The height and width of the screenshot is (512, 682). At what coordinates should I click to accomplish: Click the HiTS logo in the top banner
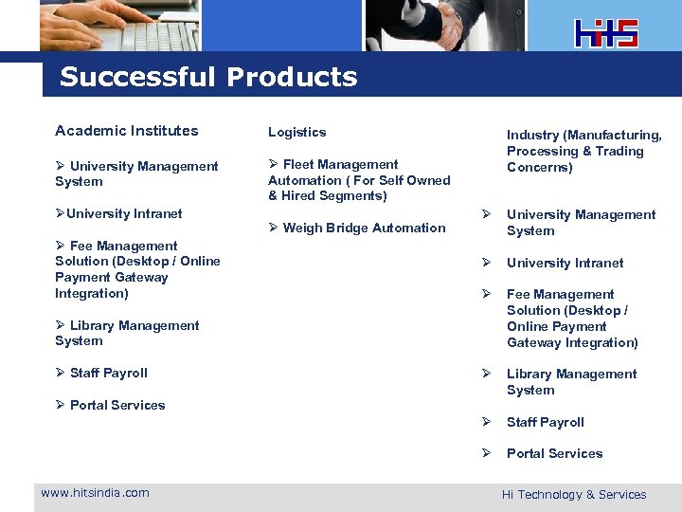click(x=606, y=33)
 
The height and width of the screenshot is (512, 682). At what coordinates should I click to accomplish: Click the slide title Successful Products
click(x=208, y=77)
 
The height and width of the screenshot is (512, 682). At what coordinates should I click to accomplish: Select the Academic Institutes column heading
click(x=127, y=131)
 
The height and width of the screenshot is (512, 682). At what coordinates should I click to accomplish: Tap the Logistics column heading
click(x=296, y=132)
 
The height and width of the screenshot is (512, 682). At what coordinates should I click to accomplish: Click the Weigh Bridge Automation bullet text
click(x=364, y=228)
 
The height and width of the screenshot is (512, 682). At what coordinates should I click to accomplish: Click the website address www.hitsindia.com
click(x=95, y=492)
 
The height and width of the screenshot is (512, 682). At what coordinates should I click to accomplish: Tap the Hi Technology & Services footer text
click(x=574, y=494)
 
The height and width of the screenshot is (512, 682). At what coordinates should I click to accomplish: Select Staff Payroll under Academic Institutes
click(x=108, y=373)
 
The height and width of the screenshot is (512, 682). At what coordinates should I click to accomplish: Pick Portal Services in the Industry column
click(x=554, y=453)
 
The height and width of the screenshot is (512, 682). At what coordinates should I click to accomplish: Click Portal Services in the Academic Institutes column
click(x=117, y=405)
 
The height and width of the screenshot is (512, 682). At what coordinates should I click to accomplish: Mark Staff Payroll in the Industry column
click(x=545, y=422)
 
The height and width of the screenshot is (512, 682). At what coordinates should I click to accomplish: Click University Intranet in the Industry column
click(x=565, y=263)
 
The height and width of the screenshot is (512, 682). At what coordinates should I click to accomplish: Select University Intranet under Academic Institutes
click(x=123, y=213)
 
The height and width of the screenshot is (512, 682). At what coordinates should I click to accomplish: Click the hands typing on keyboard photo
click(x=118, y=25)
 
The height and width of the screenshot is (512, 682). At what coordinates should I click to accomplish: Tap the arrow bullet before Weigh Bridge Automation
click(x=273, y=228)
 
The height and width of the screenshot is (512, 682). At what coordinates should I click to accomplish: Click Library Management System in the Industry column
click(x=571, y=382)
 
